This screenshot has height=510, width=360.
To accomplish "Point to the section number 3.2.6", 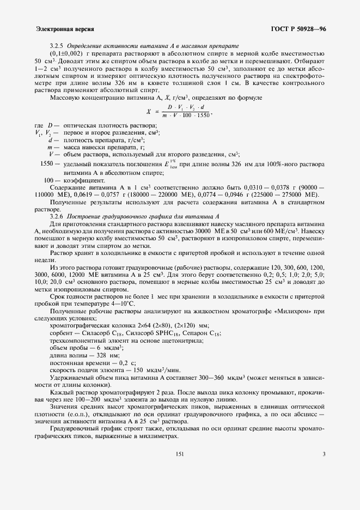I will pos(57,216).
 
